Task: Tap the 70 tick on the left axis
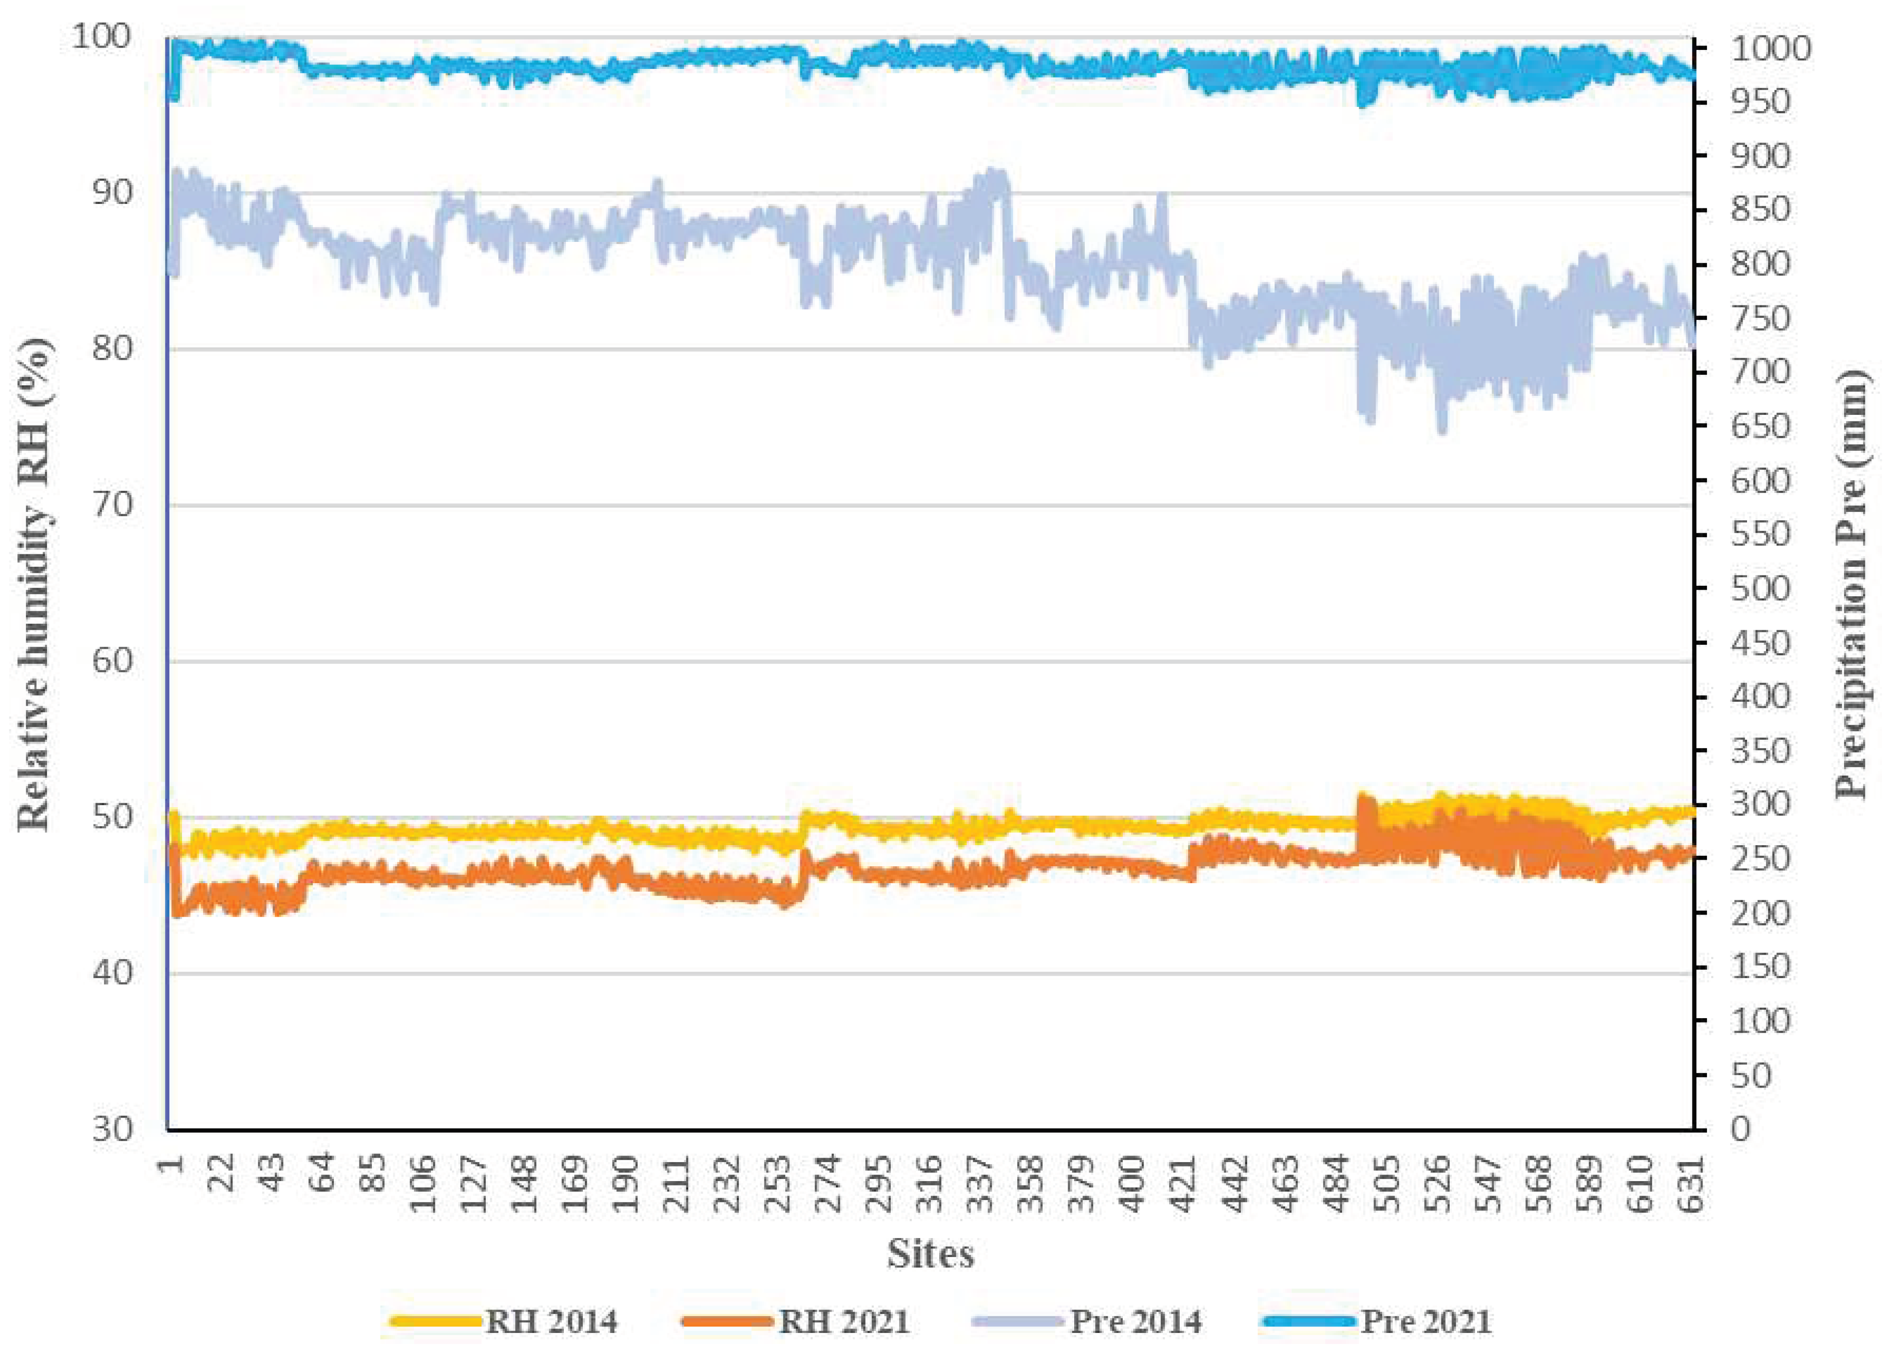tap(111, 504)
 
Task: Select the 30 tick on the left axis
tap(111, 1129)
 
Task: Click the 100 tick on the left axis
tap(101, 37)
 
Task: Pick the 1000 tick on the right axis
tap(1770, 48)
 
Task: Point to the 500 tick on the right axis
tap(1760, 588)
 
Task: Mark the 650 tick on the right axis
tap(1760, 426)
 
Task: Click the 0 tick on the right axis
tap(1741, 1129)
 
